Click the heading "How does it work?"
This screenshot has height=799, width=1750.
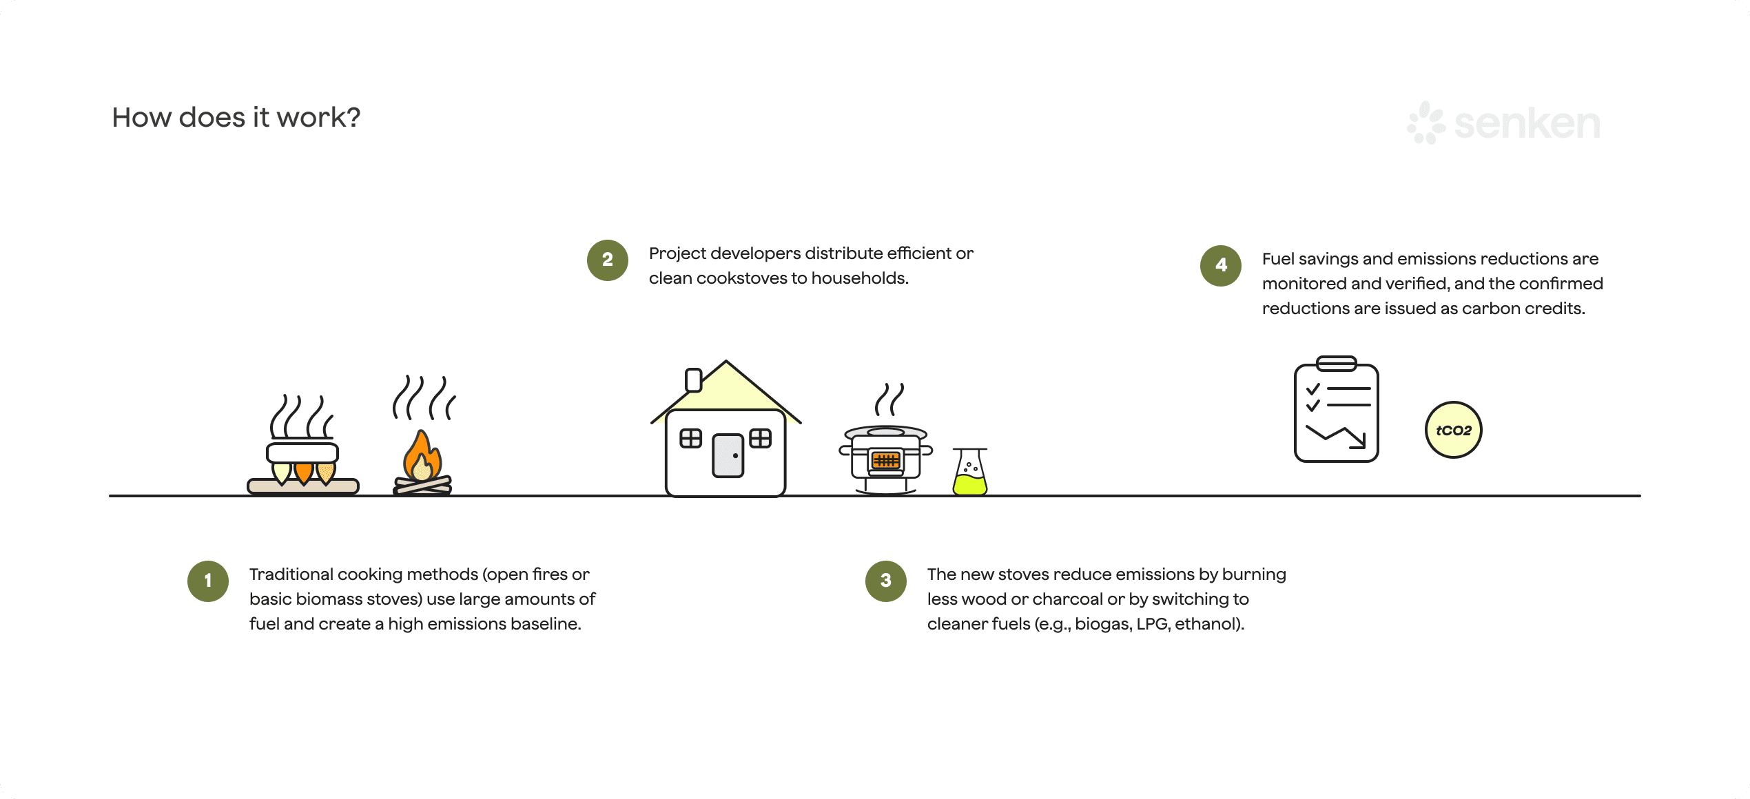(236, 118)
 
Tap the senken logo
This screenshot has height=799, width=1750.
(1503, 123)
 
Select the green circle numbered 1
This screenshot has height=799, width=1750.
(208, 581)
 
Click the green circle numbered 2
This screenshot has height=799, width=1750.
(607, 260)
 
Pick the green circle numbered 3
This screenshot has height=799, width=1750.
(885, 581)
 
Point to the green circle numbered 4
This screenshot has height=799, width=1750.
(1220, 265)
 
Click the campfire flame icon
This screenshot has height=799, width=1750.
(422, 458)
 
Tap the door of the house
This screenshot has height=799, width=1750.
(728, 455)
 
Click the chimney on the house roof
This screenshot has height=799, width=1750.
(693, 380)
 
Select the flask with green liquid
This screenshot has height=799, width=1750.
(969, 473)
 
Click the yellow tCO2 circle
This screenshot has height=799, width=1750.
(1453, 430)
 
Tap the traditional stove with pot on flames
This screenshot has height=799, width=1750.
(302, 461)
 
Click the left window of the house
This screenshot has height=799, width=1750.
(690, 438)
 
